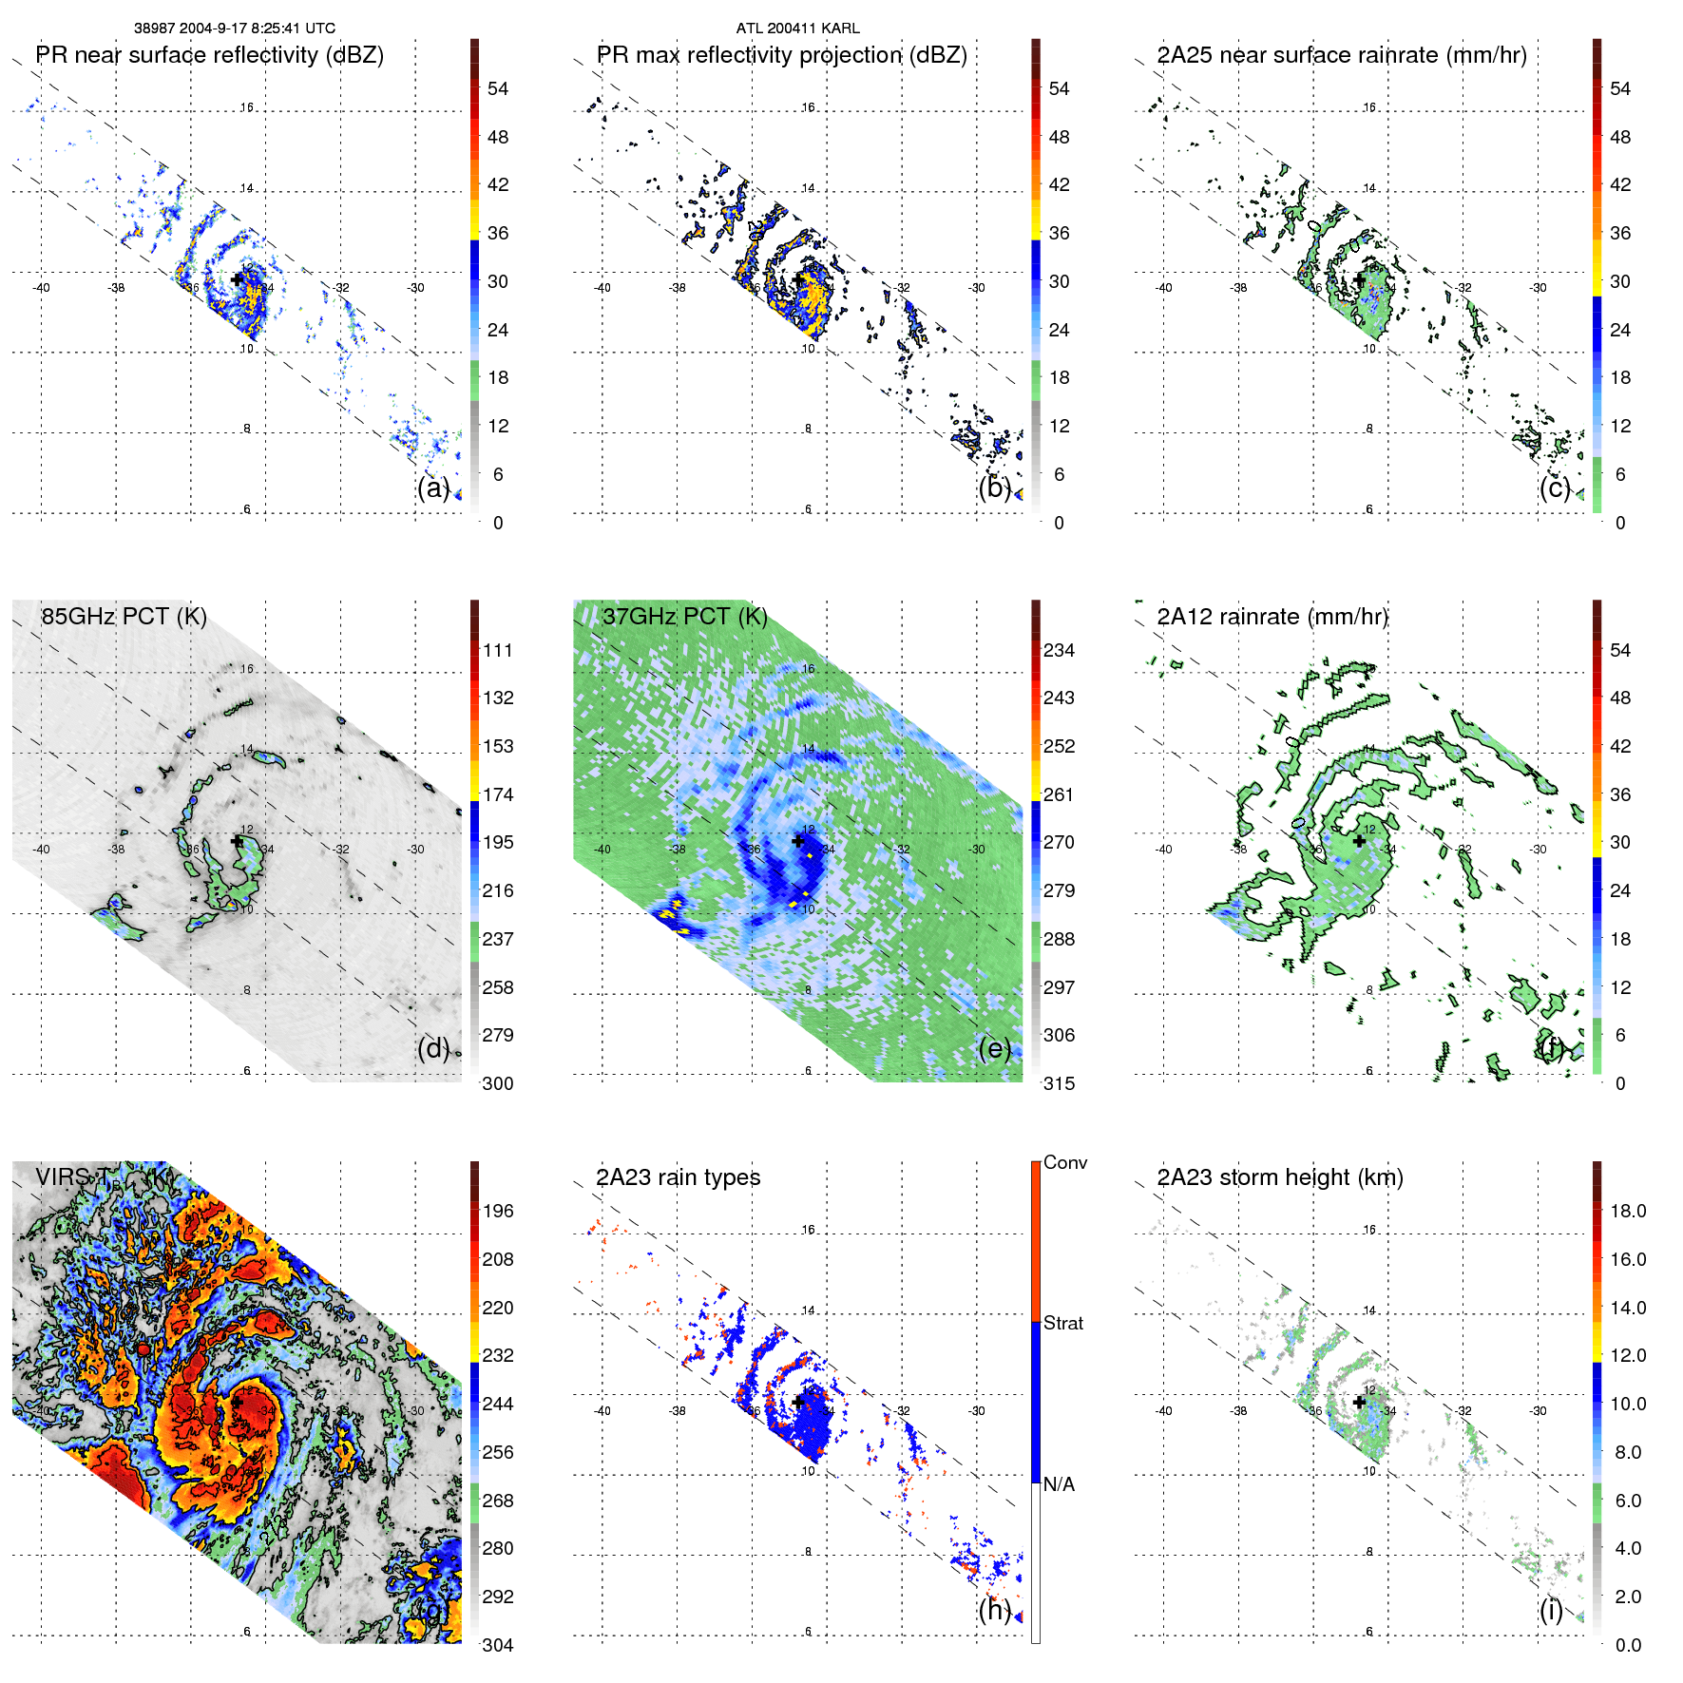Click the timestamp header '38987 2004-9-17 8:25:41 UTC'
coord(234,29)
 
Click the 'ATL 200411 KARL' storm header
coord(797,29)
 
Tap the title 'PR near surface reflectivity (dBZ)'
coord(209,55)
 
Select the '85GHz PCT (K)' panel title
coord(124,617)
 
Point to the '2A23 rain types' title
coord(678,1177)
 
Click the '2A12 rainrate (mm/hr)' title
coord(1272,617)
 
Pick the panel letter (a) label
coord(433,488)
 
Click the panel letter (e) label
coord(995,1049)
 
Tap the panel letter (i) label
coord(1551,1610)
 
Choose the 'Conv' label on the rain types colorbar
coord(1064,1162)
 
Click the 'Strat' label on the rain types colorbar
coord(1062,1323)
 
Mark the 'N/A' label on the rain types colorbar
coord(1059,1484)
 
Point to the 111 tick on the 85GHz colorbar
coord(498,650)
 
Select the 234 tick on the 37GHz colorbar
coord(1059,650)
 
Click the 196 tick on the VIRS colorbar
coord(498,1211)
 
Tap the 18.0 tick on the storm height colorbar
coord(1628,1211)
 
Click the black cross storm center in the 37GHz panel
coord(798,841)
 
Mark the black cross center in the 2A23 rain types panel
coord(798,1402)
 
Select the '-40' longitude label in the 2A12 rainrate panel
coord(1163,850)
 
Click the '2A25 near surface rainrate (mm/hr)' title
coord(1342,55)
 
